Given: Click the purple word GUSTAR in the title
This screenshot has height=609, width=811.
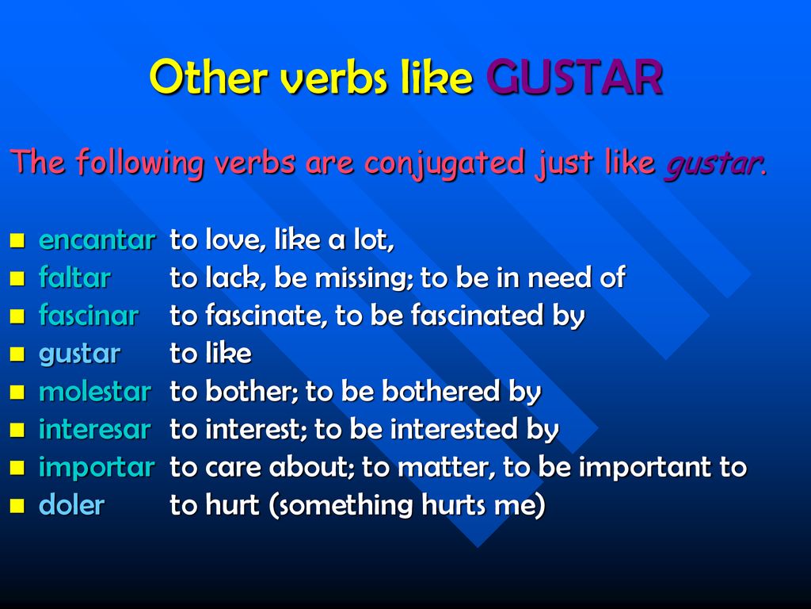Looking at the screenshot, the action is point(574,77).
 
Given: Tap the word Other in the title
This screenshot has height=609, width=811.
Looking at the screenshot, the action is point(208,77).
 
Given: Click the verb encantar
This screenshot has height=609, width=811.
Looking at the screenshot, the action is point(97,239).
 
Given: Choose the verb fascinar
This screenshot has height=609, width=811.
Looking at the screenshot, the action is point(89,315).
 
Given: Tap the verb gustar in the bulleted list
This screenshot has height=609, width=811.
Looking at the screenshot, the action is point(80,354).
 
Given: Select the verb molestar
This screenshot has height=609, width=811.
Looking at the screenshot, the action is point(95,391).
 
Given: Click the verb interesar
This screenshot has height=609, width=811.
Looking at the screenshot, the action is point(95,429).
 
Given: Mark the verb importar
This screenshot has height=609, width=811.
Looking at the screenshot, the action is point(97,468).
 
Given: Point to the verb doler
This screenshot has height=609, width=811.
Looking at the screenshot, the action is point(71,504).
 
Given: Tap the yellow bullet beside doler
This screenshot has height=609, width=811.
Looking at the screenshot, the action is point(17,505).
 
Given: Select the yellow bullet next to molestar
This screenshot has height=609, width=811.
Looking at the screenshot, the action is point(17,392).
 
